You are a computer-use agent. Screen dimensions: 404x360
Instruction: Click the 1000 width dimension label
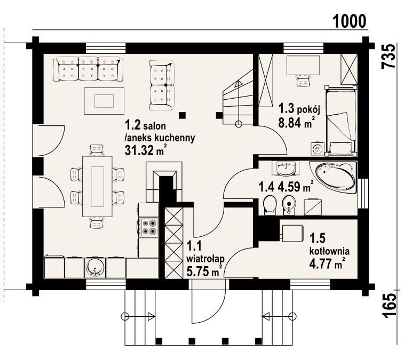coord(350,21)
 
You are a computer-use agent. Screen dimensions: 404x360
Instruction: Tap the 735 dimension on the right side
coord(388,57)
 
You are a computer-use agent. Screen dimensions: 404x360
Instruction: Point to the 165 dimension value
coord(389,306)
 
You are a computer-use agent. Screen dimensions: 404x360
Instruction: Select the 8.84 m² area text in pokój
coord(297,123)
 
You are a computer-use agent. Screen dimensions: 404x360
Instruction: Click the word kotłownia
coord(329,251)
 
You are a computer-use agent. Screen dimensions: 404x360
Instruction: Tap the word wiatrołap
coord(205,259)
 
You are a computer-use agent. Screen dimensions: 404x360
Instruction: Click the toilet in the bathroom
coord(270,205)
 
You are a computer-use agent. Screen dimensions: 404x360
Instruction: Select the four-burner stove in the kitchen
coord(149,227)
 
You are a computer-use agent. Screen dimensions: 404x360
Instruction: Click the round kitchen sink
coord(95,268)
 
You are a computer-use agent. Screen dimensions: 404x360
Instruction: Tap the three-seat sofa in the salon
coord(88,69)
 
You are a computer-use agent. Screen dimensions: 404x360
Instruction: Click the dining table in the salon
coord(97,186)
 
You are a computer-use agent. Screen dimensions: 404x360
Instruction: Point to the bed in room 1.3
coord(340,121)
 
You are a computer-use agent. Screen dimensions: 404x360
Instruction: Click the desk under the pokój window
coord(303,65)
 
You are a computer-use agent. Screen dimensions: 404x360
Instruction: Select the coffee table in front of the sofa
coord(104,101)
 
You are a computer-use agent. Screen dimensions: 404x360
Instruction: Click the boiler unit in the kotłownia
coord(292,234)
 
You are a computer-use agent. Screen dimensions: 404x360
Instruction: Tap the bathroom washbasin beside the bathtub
coord(285,169)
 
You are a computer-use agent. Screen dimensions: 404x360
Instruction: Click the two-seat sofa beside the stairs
coord(162,85)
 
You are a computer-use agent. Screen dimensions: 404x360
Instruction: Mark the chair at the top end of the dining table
coord(97,150)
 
